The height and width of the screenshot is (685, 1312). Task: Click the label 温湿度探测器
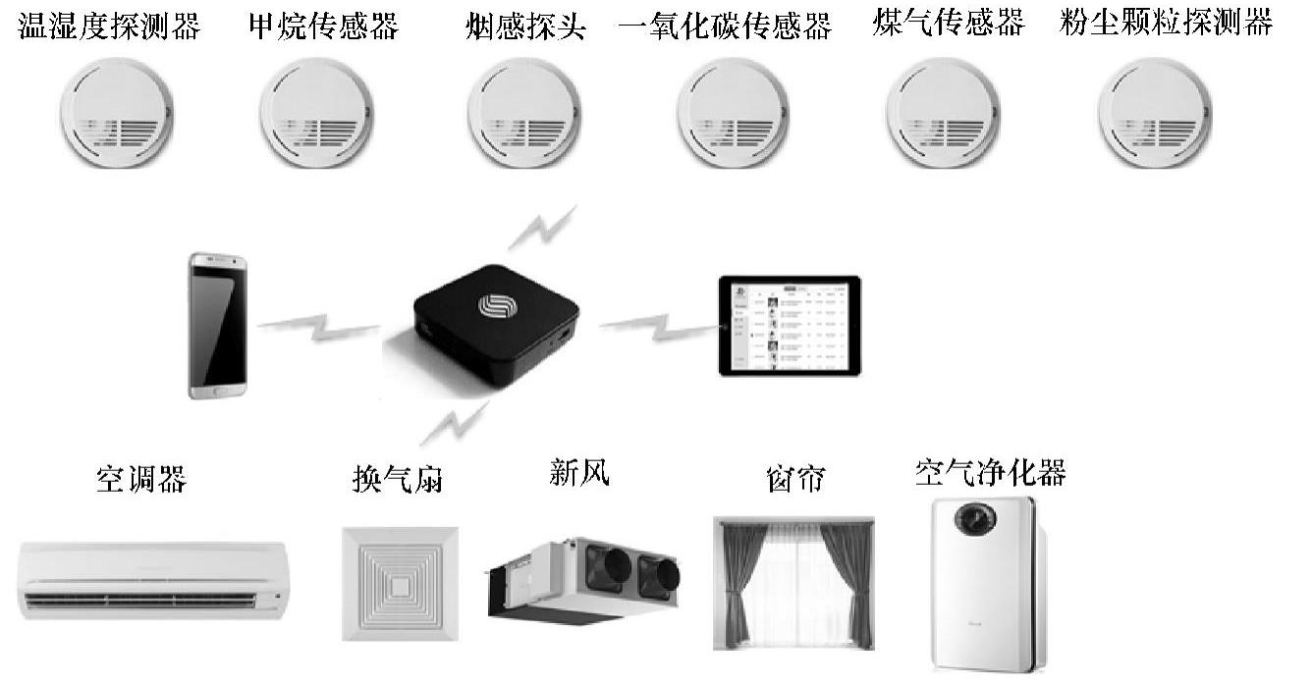click(x=109, y=26)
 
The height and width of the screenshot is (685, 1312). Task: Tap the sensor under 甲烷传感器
click(x=318, y=114)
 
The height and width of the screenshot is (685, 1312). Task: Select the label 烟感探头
click(x=525, y=26)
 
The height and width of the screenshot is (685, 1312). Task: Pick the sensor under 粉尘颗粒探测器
click(x=1153, y=114)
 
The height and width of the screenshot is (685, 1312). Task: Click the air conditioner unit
click(x=152, y=579)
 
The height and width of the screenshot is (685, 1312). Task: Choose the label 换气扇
click(x=398, y=480)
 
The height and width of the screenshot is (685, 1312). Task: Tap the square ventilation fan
click(x=400, y=584)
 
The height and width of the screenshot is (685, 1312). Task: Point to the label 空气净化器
click(x=989, y=473)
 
